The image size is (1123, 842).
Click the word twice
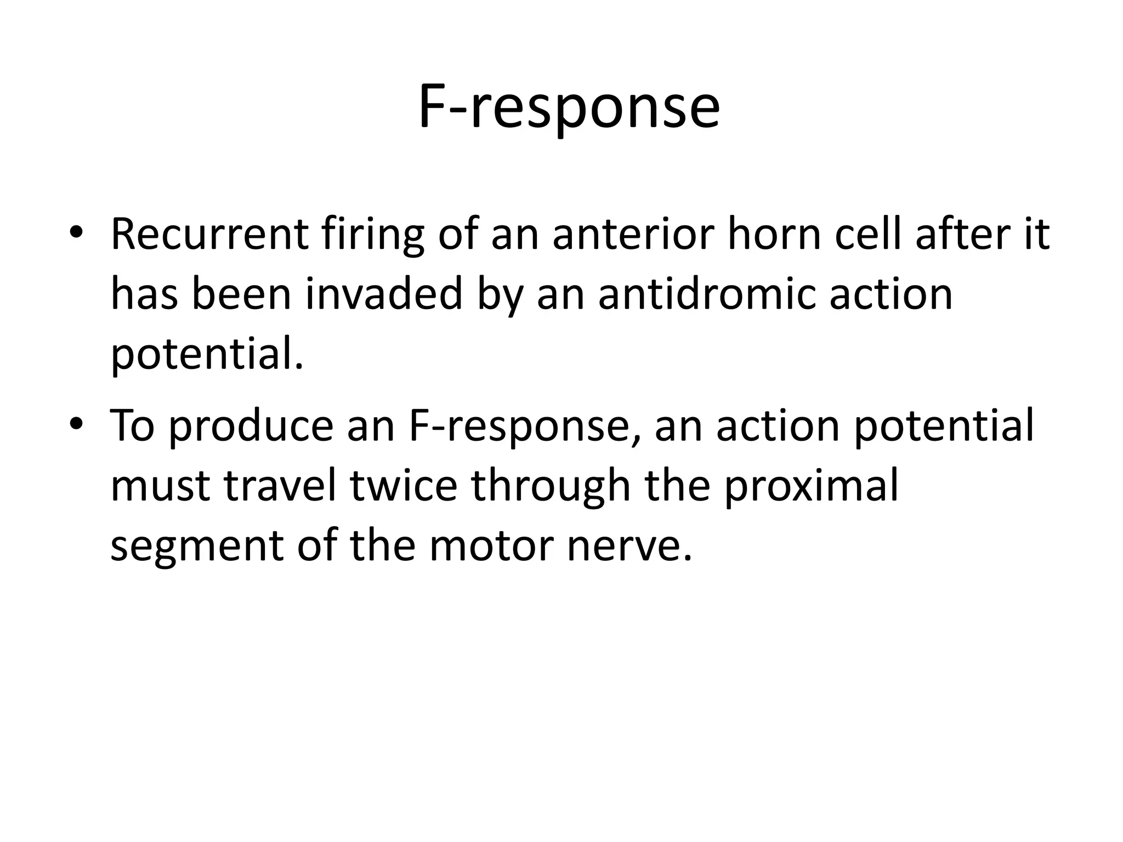pyautogui.click(x=404, y=486)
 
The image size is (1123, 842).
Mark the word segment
pyautogui.click(x=197, y=547)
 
